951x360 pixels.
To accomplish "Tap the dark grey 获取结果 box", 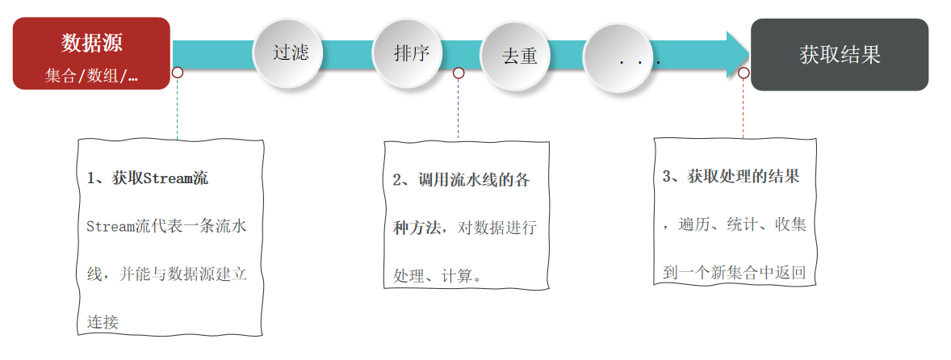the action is (840, 55).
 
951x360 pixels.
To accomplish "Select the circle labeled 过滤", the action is (291, 53).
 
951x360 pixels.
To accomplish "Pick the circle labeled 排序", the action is (411, 53).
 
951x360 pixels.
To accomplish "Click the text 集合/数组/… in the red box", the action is (91, 76).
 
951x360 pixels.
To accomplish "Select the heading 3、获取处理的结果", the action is (731, 176).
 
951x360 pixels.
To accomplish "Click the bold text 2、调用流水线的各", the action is (462, 180).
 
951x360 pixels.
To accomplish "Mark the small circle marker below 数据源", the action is (178, 73).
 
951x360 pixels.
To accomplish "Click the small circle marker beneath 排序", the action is (459, 73).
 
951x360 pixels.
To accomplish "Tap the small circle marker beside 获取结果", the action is (744, 73).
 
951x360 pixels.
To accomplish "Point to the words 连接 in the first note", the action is (103, 322).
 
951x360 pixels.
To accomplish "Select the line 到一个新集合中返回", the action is (734, 272).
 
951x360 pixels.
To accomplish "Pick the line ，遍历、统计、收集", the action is (734, 224).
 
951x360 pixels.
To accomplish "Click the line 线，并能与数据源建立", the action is (166, 274).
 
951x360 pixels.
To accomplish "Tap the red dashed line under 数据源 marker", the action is (178, 109).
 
